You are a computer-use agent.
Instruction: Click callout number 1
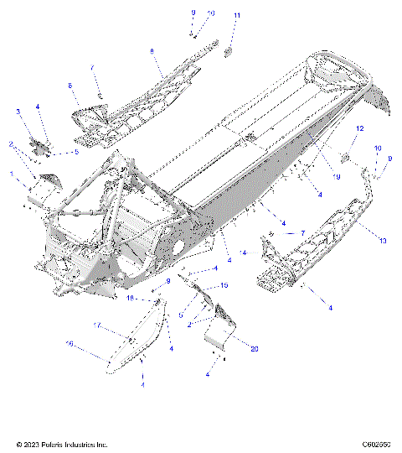(x=12, y=174)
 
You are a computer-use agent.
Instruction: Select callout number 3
(x=18, y=111)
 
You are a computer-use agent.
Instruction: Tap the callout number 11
(x=237, y=16)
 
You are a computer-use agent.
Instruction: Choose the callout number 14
(x=243, y=251)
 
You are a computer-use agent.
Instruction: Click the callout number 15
(x=224, y=286)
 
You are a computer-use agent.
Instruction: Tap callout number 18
(x=130, y=297)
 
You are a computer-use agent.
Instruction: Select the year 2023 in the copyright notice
(x=27, y=444)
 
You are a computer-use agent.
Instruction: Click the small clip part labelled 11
(x=228, y=51)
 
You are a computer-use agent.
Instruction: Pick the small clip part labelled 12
(x=344, y=157)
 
